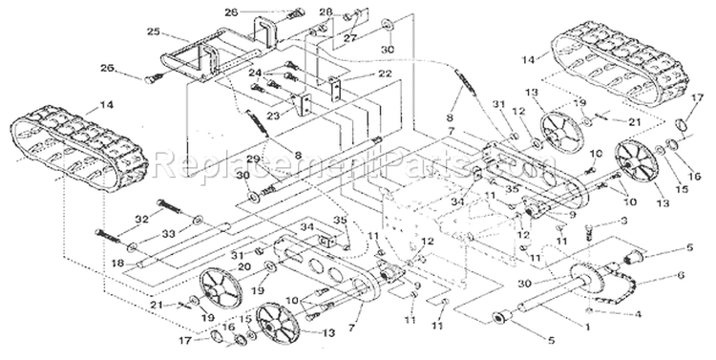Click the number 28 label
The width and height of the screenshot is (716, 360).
(326, 11)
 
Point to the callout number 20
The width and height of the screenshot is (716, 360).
(217, 266)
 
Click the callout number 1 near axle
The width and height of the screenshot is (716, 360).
(586, 326)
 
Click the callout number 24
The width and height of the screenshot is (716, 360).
(254, 74)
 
